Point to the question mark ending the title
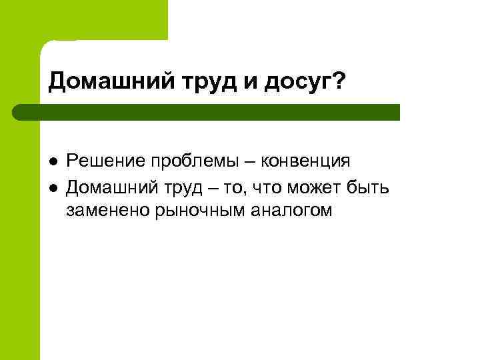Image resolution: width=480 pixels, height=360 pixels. (338, 80)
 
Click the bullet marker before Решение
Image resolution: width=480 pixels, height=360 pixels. (52, 162)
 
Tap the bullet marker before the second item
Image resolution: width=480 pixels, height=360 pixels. (52, 187)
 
